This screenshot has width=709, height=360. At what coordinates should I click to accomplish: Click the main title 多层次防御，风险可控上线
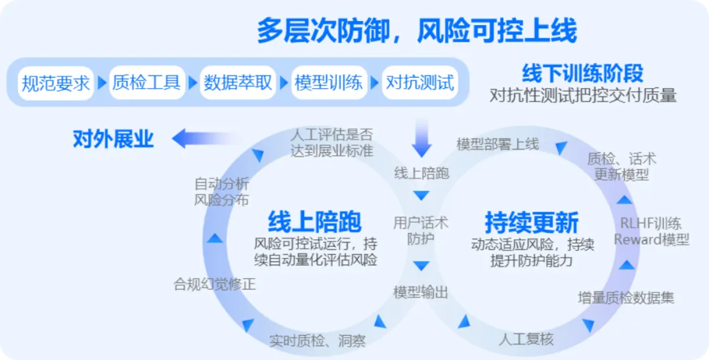pyautogui.click(x=416, y=30)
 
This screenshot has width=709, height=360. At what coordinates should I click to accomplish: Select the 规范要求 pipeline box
pyautogui.click(x=56, y=83)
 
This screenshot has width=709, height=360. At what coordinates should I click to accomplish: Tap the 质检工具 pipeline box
pyautogui.click(x=146, y=83)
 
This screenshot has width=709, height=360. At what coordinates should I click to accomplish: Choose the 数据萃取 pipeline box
pyautogui.click(x=238, y=83)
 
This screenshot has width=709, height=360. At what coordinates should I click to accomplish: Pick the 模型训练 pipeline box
pyautogui.click(x=328, y=83)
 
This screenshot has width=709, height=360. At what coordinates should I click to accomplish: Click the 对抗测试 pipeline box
pyautogui.click(x=419, y=83)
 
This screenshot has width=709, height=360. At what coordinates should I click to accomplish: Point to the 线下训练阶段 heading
pyautogui.click(x=582, y=73)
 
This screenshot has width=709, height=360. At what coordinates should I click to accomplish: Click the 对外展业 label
pyautogui.click(x=113, y=139)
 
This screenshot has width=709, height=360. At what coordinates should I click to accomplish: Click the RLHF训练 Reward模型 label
pyautogui.click(x=651, y=231)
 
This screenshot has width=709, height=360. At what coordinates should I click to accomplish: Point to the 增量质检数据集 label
pyautogui.click(x=626, y=297)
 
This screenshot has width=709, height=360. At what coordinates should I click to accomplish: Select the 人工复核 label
pyautogui.click(x=526, y=339)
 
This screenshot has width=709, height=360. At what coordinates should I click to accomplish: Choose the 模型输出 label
pyautogui.click(x=421, y=292)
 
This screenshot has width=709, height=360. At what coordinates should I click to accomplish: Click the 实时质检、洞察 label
pyautogui.click(x=317, y=340)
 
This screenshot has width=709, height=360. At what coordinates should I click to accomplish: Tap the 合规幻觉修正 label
pyautogui.click(x=214, y=284)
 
